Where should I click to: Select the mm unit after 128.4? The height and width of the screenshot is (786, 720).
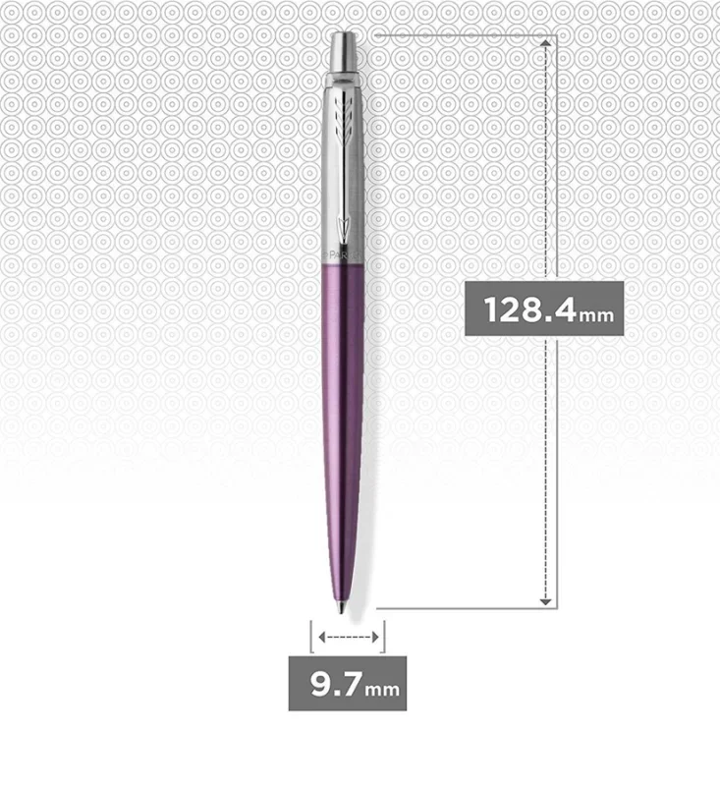[596, 315]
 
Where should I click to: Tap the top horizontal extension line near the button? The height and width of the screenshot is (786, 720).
[462, 35]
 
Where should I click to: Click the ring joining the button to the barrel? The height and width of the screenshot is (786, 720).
[347, 74]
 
